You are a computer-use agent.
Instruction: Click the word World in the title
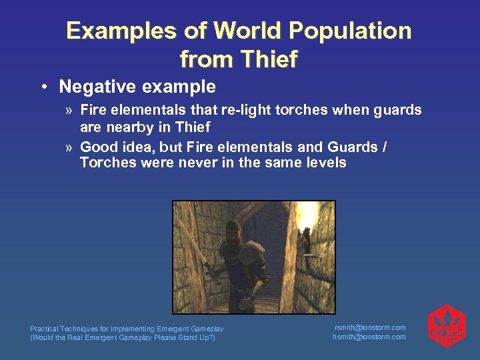[x=242, y=31]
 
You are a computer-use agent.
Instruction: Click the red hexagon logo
[x=446, y=326]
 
